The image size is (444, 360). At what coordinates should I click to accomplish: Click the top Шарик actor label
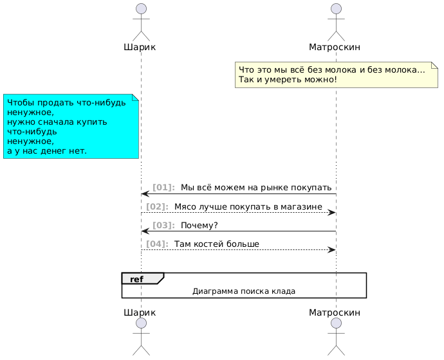140,47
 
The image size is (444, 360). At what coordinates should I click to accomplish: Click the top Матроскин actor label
335,47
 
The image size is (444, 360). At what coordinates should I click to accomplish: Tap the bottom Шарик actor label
140,312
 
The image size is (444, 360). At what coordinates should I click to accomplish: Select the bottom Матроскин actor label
335,312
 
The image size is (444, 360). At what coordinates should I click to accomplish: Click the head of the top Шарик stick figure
142,8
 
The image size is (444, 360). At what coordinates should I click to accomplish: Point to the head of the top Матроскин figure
336,8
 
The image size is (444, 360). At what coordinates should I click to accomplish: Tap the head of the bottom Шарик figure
142,323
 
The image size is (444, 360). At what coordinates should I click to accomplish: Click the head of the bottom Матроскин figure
336,323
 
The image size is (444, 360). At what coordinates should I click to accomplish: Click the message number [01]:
163,187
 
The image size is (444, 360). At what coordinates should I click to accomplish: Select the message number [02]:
157,206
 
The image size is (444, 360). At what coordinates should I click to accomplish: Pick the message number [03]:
163,226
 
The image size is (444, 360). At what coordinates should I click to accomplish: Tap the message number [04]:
157,244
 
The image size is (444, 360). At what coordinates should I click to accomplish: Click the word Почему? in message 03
199,226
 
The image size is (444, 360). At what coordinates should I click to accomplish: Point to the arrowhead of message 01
145,194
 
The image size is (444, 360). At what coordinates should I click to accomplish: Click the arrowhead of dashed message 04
332,249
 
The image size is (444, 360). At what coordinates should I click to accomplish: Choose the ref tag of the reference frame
136,280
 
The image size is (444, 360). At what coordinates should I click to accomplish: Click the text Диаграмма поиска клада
244,291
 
